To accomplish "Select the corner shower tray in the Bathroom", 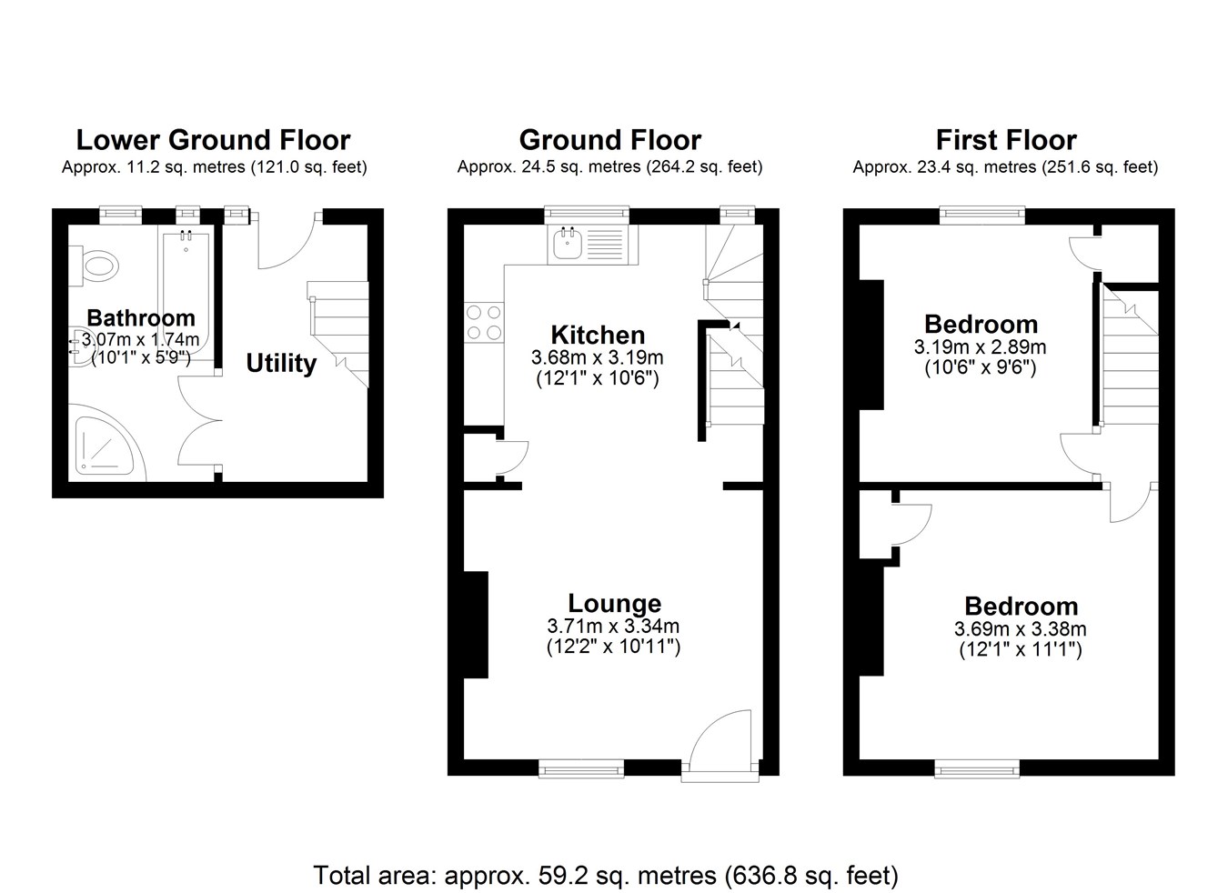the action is point(105,446).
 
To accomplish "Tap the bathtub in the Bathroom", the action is point(186,296).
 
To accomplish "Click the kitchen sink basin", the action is point(568,244).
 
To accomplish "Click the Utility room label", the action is point(281,364).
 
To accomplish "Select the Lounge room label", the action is point(615,603).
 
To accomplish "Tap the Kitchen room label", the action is point(598,335).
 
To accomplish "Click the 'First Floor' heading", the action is point(1006,140).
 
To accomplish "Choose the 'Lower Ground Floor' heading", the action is point(213,140).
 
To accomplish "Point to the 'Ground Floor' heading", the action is point(610,140).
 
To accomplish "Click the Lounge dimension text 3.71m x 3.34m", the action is point(613,626).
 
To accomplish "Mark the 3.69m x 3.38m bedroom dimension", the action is point(1021,628).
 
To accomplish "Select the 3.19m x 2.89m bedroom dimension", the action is point(981,347).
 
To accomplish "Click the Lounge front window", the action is point(581,768).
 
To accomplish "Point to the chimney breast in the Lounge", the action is point(476,625).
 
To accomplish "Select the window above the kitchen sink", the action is point(587,215).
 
